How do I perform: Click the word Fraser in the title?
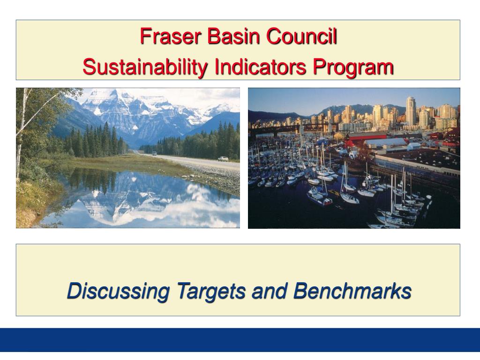coord(170,36)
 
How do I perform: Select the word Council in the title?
coord(301,36)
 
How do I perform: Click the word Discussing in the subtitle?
coord(118,291)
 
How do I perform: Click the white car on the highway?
coord(223,158)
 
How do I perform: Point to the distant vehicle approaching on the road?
coord(154,153)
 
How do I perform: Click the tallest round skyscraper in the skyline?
coord(410,111)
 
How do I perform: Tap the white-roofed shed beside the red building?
coord(385,142)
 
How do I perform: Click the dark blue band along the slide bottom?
coord(240,340)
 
